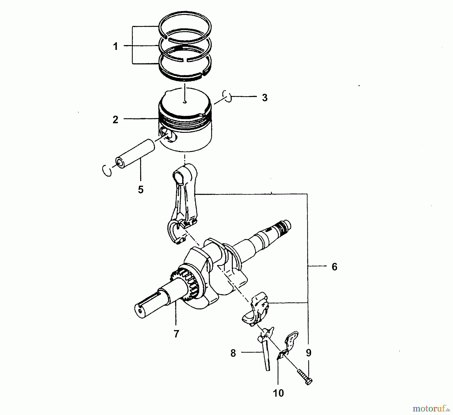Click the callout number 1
(x=116, y=46)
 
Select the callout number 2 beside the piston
(x=115, y=120)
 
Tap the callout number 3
(x=265, y=98)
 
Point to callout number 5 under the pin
(x=141, y=190)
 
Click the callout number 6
(x=334, y=267)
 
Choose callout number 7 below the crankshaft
(x=176, y=334)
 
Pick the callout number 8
(x=233, y=353)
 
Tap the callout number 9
(x=309, y=353)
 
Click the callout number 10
(x=278, y=393)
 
